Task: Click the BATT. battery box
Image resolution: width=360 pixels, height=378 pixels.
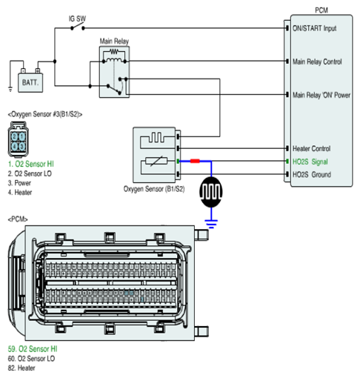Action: [x=30, y=82]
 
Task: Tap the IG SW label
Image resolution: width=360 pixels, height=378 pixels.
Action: [x=77, y=19]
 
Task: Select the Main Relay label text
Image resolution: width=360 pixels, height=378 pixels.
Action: [x=114, y=42]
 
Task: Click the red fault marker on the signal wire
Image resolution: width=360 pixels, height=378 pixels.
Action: [x=195, y=161]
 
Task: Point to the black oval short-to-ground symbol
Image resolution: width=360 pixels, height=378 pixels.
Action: [x=211, y=192]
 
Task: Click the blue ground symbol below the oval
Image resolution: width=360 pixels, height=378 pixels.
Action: [x=211, y=224]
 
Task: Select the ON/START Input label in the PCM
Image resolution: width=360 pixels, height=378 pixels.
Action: [x=314, y=28]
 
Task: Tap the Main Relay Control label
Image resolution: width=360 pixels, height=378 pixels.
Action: [x=317, y=62]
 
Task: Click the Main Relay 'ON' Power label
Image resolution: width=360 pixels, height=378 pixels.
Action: [x=321, y=95]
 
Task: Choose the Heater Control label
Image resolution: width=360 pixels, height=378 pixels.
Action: [x=311, y=148]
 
